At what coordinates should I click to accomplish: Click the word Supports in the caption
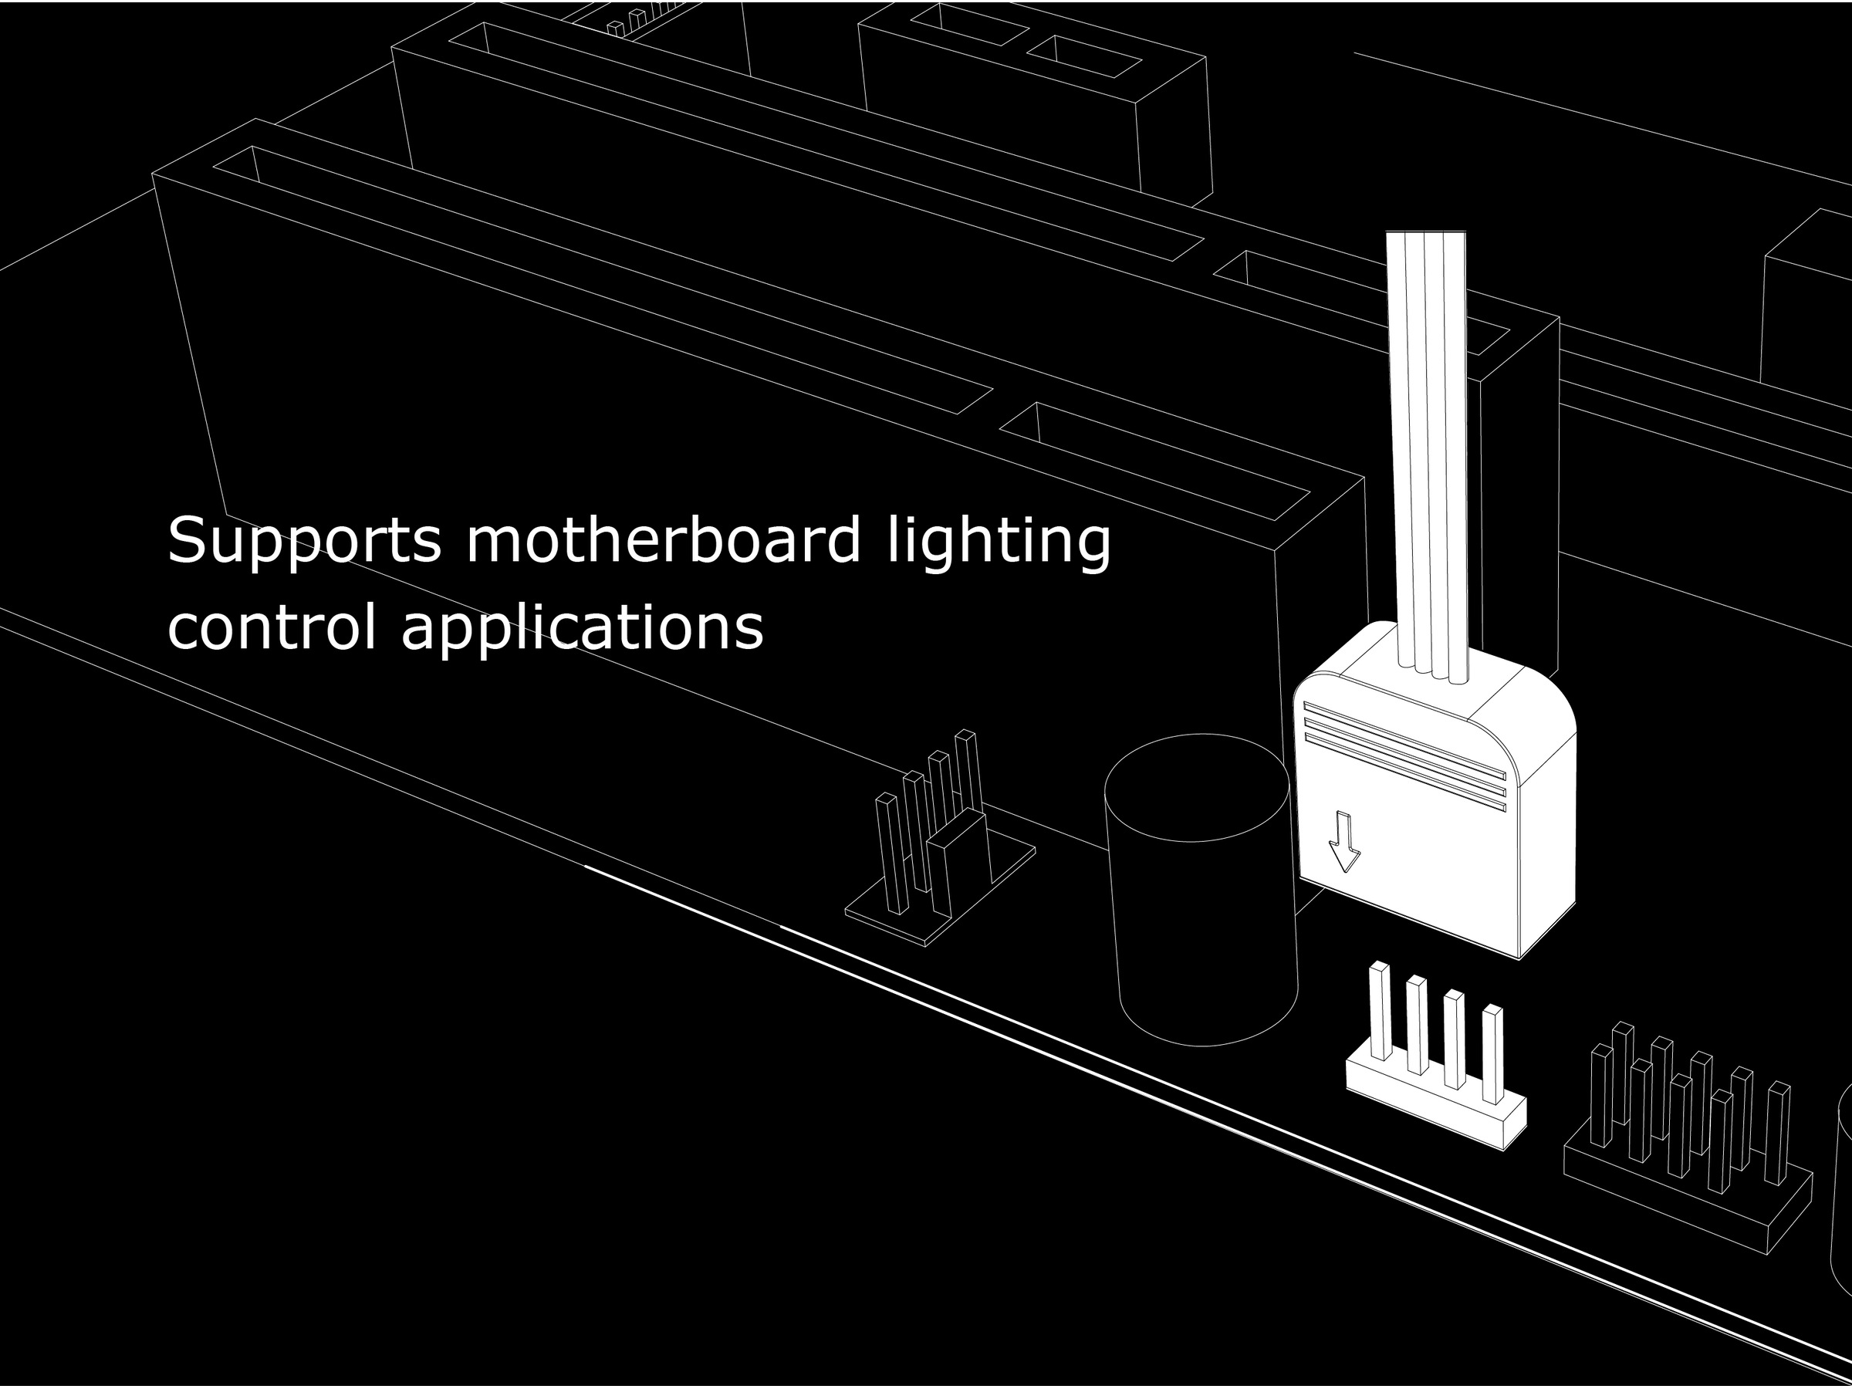click(304, 542)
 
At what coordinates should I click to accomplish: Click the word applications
click(583, 628)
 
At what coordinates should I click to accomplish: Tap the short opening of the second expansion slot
click(1360, 302)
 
